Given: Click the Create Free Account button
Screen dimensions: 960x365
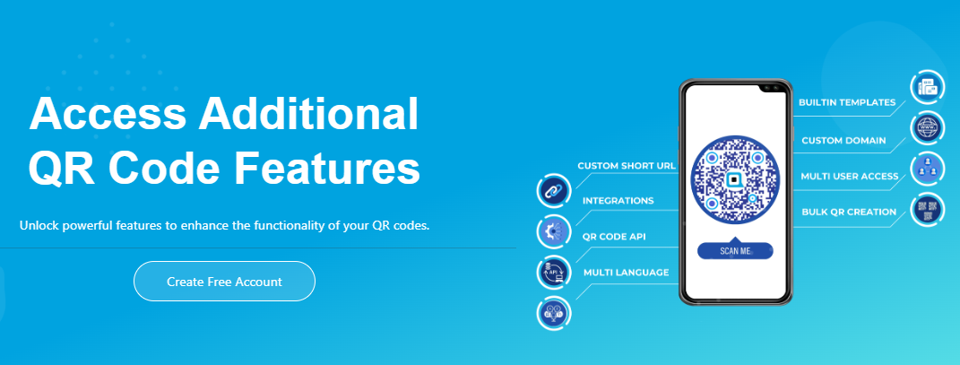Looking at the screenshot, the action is pyautogui.click(x=224, y=281).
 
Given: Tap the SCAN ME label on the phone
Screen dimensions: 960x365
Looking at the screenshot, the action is pyautogui.click(x=735, y=250).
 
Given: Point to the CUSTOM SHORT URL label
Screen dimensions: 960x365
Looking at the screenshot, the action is pyautogui.click(x=627, y=166).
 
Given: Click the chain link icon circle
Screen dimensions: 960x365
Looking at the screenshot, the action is pyautogui.click(x=554, y=190).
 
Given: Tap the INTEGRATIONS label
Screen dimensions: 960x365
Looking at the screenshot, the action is pyautogui.click(x=618, y=201).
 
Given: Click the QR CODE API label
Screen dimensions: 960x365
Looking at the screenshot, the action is pyautogui.click(x=614, y=237).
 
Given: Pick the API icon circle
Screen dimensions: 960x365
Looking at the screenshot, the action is pyautogui.click(x=554, y=272).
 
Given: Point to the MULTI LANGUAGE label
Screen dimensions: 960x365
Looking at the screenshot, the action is pyautogui.click(x=626, y=273).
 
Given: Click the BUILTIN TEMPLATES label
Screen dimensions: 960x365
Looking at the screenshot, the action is pyautogui.click(x=847, y=102).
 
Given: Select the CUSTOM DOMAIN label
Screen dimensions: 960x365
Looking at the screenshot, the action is pyautogui.click(x=843, y=140).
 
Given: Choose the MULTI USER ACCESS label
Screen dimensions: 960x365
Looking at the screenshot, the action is pyautogui.click(x=850, y=177).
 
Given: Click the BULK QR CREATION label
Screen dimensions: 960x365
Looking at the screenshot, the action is pyautogui.click(x=849, y=212).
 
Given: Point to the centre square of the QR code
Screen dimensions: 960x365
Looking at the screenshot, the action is pyautogui.click(x=734, y=179).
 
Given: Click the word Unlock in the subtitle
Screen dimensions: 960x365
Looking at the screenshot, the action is pyautogui.click(x=38, y=225).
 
